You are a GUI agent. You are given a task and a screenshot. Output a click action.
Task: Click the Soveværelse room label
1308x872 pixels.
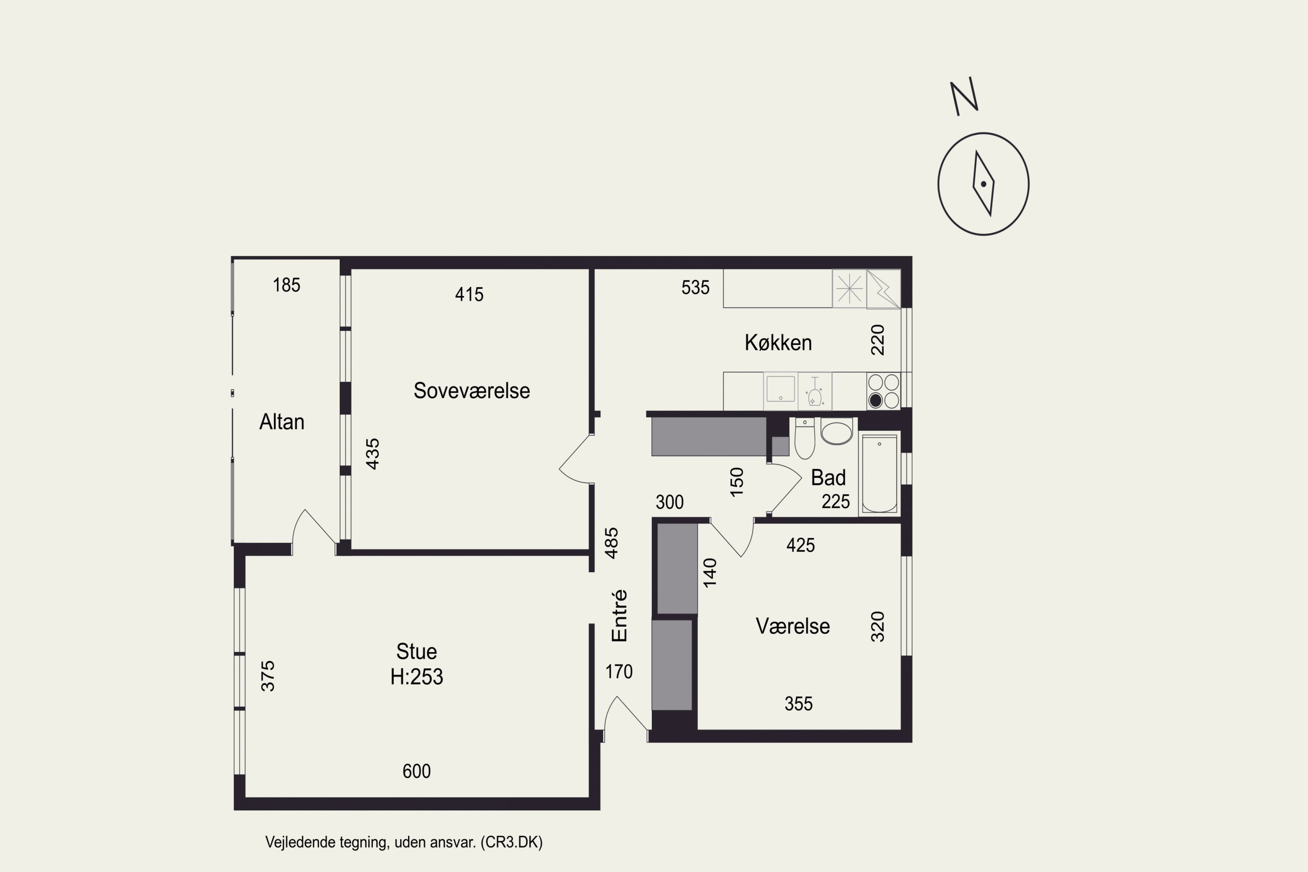[x=472, y=390]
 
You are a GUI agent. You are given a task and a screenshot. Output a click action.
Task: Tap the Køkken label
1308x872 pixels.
[x=778, y=343]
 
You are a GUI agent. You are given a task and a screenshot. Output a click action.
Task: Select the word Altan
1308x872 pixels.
[x=282, y=422]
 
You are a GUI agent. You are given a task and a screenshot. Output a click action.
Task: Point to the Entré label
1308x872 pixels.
[x=619, y=616]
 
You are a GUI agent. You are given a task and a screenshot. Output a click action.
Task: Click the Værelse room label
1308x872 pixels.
[x=793, y=626]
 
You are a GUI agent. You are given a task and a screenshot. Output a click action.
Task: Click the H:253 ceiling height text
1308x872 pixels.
[x=416, y=677]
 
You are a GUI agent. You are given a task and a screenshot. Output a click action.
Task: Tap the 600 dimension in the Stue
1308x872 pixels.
[x=416, y=771]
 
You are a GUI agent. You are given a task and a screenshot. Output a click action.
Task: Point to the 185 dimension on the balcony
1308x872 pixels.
[x=286, y=285]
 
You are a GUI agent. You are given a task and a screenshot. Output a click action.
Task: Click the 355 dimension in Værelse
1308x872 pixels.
[x=799, y=704]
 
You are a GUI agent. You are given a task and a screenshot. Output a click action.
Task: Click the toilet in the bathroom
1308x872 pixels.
[x=805, y=438]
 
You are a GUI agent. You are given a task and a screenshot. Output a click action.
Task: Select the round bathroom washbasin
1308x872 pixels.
[x=836, y=432]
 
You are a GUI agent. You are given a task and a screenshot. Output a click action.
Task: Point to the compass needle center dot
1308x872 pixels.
[x=983, y=184]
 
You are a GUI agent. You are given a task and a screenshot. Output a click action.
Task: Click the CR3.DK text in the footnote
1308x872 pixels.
[x=512, y=842]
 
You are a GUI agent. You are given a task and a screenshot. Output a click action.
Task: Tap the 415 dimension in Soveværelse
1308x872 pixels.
[x=470, y=294]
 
